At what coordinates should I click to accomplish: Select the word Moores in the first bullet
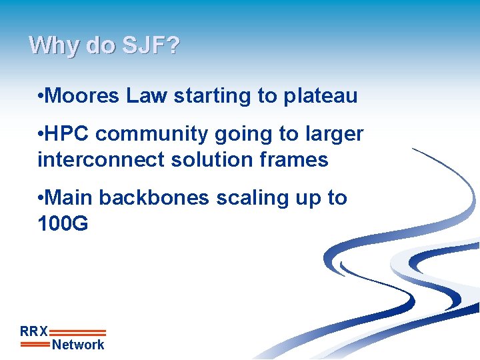point(85,96)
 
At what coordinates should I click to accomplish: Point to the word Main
point(71,198)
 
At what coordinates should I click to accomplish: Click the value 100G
point(63,224)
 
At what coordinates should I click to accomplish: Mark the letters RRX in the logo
point(34,331)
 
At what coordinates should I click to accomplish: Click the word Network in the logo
point(78,345)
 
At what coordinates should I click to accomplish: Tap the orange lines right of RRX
point(77,332)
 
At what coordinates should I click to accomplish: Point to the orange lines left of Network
point(35,345)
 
